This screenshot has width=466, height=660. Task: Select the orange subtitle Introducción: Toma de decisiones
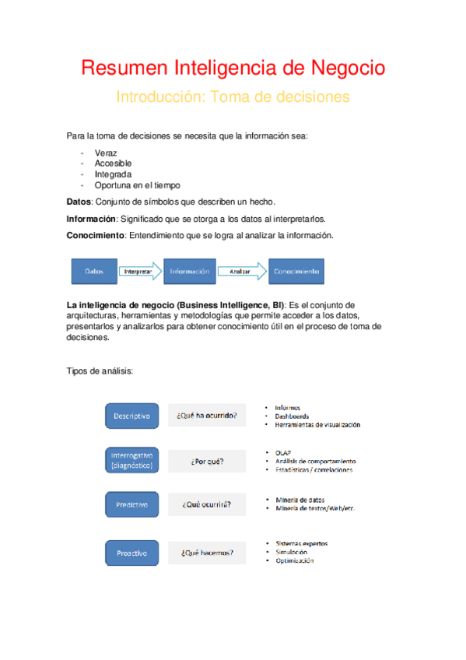click(233, 97)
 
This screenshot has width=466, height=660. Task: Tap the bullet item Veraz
click(106, 153)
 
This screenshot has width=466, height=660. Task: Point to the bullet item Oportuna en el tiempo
click(137, 185)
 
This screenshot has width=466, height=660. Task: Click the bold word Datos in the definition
click(79, 202)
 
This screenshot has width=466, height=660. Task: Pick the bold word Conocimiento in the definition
click(95, 235)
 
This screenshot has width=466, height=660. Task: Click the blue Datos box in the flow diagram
click(93, 271)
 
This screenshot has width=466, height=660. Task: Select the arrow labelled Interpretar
click(140, 271)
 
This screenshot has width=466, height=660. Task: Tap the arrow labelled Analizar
click(240, 271)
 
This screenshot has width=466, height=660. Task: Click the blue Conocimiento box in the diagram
click(296, 271)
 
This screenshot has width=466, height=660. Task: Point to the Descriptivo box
click(131, 416)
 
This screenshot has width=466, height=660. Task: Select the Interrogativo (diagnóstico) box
click(131, 460)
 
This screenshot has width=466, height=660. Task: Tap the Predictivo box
click(131, 504)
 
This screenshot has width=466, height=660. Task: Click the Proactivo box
click(131, 553)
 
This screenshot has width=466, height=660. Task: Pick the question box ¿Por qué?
click(207, 461)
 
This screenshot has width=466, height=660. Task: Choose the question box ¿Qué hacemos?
click(207, 553)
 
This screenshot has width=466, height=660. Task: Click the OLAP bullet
click(282, 451)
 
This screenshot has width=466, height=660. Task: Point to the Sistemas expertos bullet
click(301, 543)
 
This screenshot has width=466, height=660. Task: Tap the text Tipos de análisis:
click(100, 371)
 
